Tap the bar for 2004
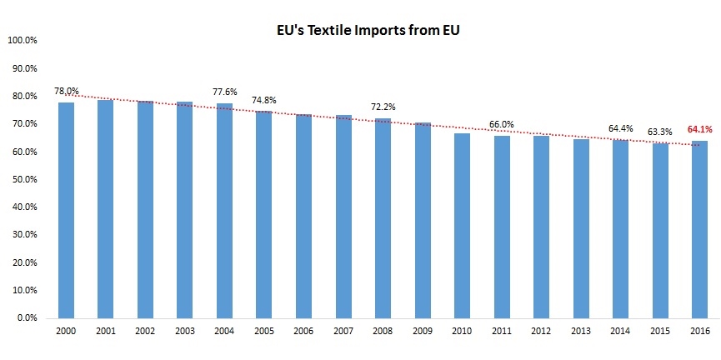(224, 211)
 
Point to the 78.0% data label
(67, 91)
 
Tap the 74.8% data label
(264, 100)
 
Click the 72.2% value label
(383, 107)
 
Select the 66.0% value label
(502, 125)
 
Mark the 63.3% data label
(660, 131)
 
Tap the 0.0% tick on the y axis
(25, 318)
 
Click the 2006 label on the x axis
(303, 331)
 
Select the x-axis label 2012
(541, 331)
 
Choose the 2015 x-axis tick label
(660, 331)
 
